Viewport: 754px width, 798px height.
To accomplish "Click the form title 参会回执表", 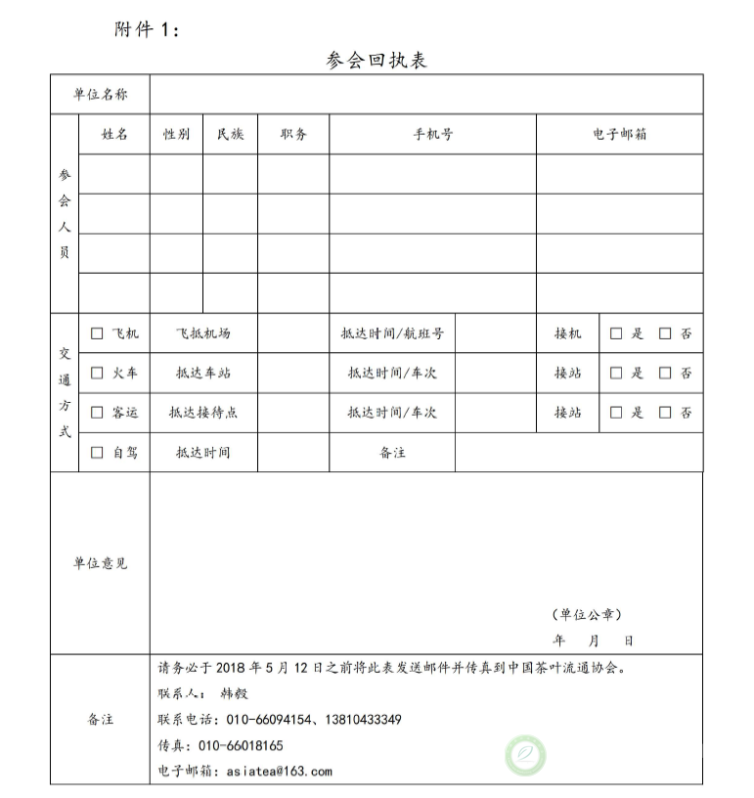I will click(x=377, y=61).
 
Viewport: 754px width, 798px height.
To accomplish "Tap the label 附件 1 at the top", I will click(x=147, y=29).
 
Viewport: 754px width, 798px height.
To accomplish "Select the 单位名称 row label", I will click(x=100, y=95).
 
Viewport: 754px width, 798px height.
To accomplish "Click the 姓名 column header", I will click(x=114, y=135).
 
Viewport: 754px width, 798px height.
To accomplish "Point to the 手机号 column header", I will click(x=432, y=135).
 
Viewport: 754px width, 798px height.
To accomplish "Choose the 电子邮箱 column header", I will click(x=619, y=135).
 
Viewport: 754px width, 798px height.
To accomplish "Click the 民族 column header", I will click(x=230, y=135).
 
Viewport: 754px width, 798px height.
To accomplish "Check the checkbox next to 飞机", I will click(x=97, y=333).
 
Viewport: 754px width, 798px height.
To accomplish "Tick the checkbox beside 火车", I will click(x=97, y=373).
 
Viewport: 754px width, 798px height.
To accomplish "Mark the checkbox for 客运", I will click(x=97, y=413).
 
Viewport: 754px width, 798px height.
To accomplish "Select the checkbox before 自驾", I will click(x=97, y=453).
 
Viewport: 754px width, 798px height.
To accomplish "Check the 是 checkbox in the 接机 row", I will click(x=616, y=333).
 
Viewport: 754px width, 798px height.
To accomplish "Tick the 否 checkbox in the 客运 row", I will click(x=665, y=413).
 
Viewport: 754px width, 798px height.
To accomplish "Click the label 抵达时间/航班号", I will click(x=392, y=333).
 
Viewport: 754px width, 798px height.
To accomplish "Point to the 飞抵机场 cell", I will click(x=203, y=333).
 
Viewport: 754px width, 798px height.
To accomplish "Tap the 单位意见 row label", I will click(x=100, y=563).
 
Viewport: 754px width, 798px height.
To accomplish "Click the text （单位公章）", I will click(x=587, y=615).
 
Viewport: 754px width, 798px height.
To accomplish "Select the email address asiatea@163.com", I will click(x=280, y=771).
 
